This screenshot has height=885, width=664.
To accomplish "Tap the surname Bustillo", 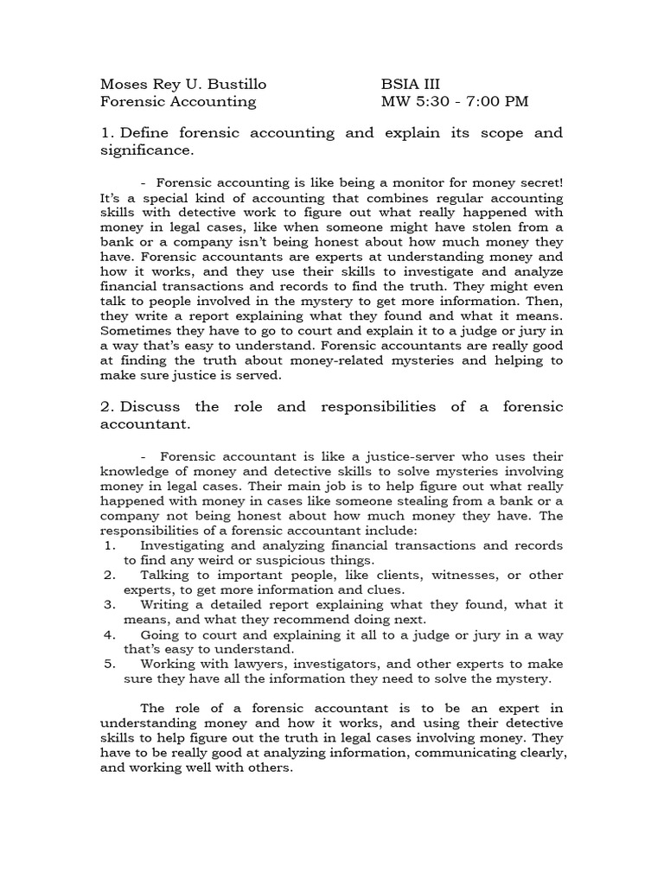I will pos(234,84).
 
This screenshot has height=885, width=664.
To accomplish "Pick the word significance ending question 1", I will pos(145,151).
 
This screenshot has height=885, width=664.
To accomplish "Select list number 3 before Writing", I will pos(109,605).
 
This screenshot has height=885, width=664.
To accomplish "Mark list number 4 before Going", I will pos(109,634).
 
